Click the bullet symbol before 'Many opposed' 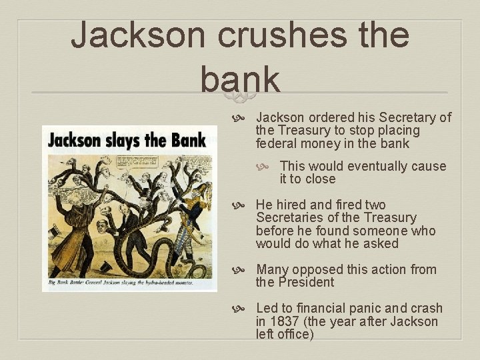pyautogui.click(x=244, y=270)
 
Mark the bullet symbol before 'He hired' pyautogui.click(x=244, y=205)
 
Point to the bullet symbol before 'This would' pyautogui.click(x=268, y=167)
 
